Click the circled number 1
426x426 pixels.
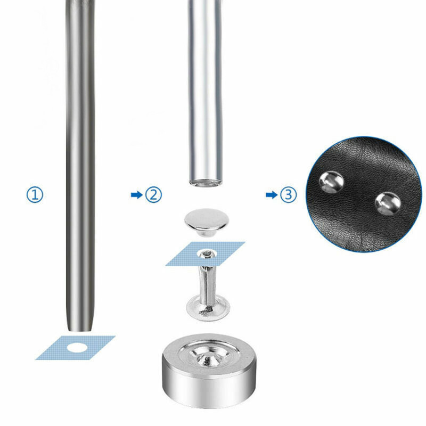[x=34, y=195]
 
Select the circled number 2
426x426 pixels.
[x=154, y=195]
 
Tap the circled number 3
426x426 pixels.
[x=289, y=195]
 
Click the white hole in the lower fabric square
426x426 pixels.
[x=79, y=347]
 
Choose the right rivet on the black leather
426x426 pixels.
[x=387, y=203]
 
